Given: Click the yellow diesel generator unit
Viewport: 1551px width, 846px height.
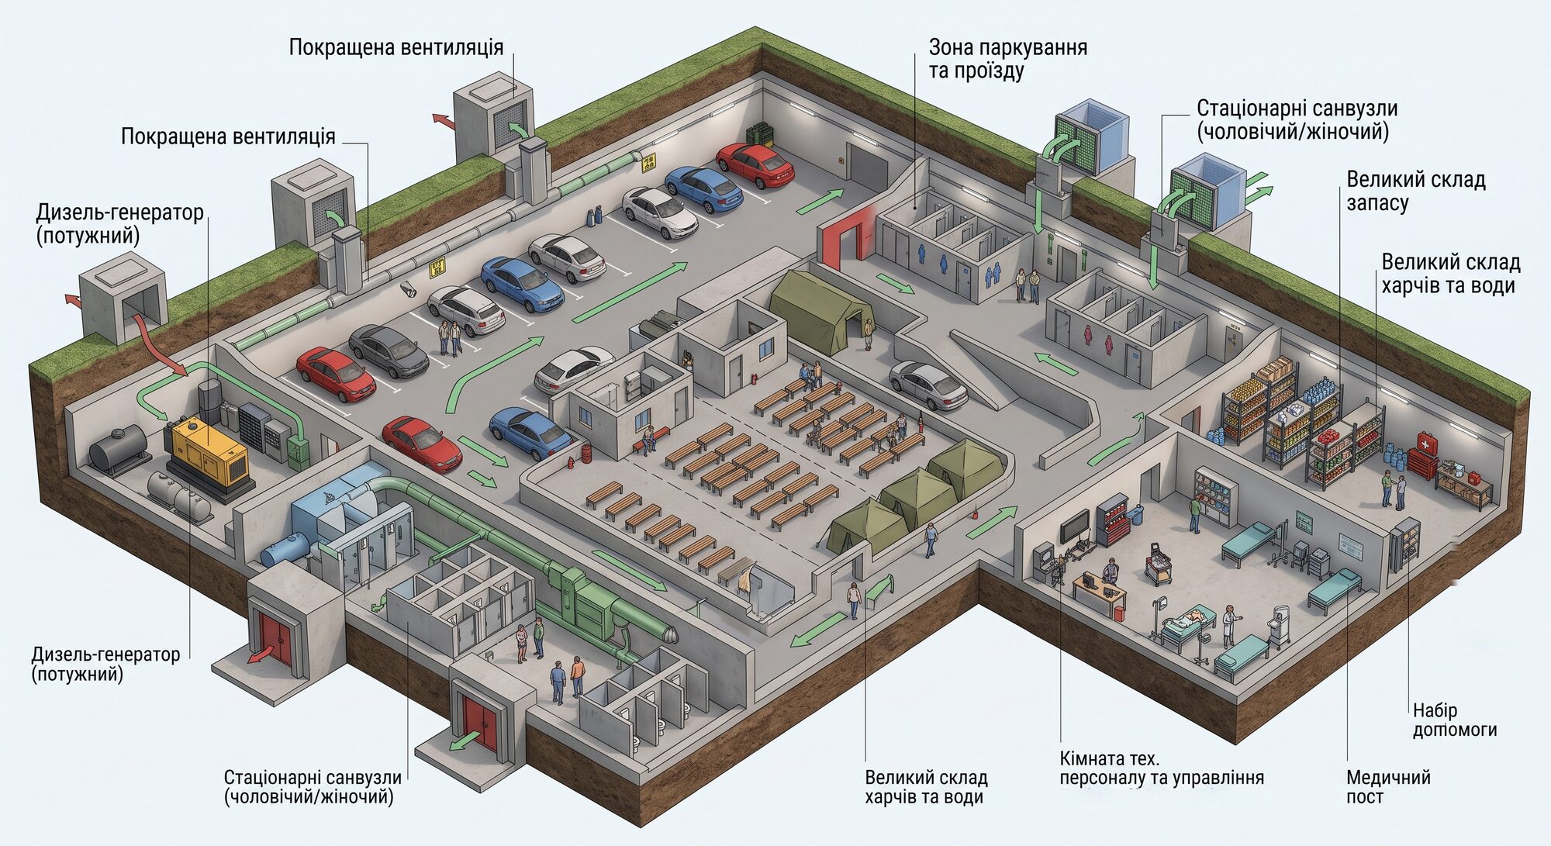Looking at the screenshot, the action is [208, 452].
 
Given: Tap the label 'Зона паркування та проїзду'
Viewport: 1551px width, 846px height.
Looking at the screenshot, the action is [1007, 59].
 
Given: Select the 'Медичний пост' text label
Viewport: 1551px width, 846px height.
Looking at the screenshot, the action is [1388, 786].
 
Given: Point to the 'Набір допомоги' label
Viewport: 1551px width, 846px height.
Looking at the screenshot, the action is [1454, 720].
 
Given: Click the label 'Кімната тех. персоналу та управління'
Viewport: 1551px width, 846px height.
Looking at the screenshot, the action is [1161, 768].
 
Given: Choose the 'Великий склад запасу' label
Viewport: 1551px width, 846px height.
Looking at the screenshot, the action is [1415, 191].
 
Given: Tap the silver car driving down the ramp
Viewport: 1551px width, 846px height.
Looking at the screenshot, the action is [927, 385].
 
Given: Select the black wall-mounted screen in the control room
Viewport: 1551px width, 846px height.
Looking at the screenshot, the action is [1074, 527].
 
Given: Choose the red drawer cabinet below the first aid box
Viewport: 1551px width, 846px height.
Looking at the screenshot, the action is [1422, 464].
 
